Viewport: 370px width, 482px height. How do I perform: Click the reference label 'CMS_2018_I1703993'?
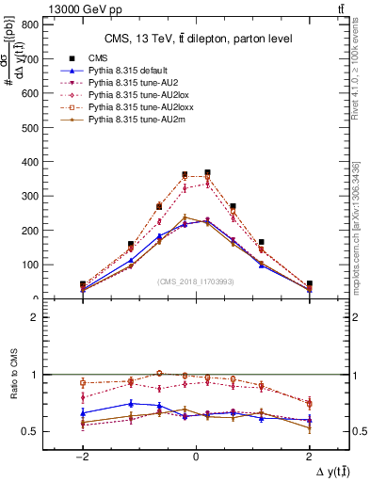pos(196,281)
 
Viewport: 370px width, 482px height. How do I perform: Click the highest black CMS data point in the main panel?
pos(207,173)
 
